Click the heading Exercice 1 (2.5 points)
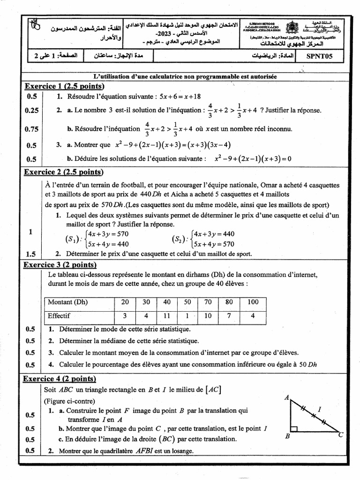64,86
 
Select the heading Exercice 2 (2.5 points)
63,172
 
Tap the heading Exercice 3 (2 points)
60,265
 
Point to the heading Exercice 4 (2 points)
60,379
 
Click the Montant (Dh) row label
67,302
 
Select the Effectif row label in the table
59,316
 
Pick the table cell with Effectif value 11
166,316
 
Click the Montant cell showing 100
253,302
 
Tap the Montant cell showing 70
208,302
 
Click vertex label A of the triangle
286,398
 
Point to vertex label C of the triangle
341,435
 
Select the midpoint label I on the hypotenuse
320,410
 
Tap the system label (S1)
72,239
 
